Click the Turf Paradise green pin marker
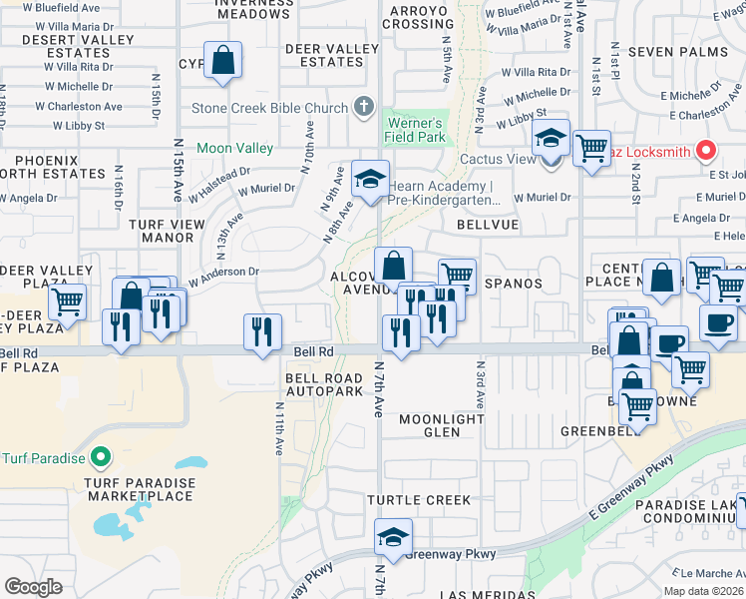(100, 458)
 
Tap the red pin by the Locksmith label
(706, 151)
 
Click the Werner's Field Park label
(414, 131)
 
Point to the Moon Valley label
(234, 148)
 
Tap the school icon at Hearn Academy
(370, 181)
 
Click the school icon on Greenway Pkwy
(394, 538)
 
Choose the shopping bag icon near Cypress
(223, 61)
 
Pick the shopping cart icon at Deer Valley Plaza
(68, 300)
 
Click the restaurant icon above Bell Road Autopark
(262, 332)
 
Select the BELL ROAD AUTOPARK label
(324, 385)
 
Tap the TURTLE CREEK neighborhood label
(418, 499)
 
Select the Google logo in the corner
(33, 587)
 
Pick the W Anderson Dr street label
(221, 272)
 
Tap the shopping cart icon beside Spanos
(457, 276)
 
